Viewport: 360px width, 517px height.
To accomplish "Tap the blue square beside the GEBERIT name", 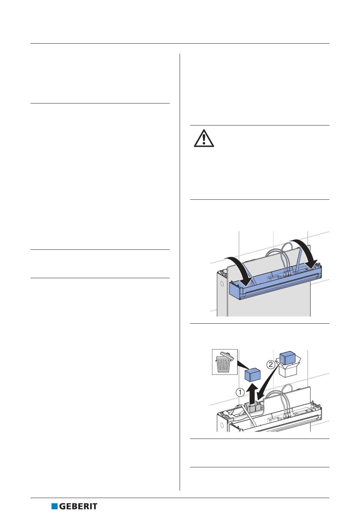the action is click(55, 506).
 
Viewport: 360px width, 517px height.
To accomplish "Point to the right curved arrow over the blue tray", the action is click(308, 252).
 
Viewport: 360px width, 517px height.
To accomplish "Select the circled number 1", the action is click(240, 393).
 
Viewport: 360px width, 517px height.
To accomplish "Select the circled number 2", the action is click(270, 365).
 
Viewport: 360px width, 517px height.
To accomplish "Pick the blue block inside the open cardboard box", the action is click(288, 357).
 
